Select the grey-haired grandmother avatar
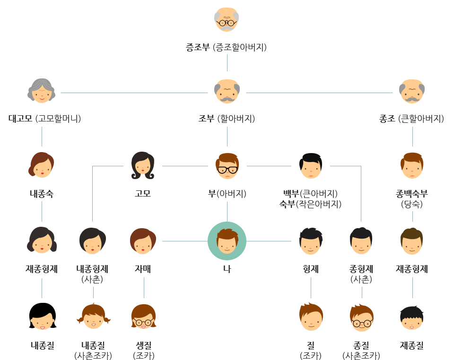point(41,90)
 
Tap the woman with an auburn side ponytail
point(41,165)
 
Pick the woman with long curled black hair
point(142,165)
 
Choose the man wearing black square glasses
point(227,165)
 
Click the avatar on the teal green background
point(227,240)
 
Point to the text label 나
point(227,269)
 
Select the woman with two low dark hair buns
point(41,240)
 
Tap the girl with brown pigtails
point(93,317)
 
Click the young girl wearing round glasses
point(143,317)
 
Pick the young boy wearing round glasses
point(361,317)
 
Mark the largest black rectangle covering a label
point(310,198)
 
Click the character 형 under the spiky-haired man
point(306,269)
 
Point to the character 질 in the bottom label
point(419,345)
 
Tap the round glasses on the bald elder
point(227,22)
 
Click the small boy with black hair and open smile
point(411,317)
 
